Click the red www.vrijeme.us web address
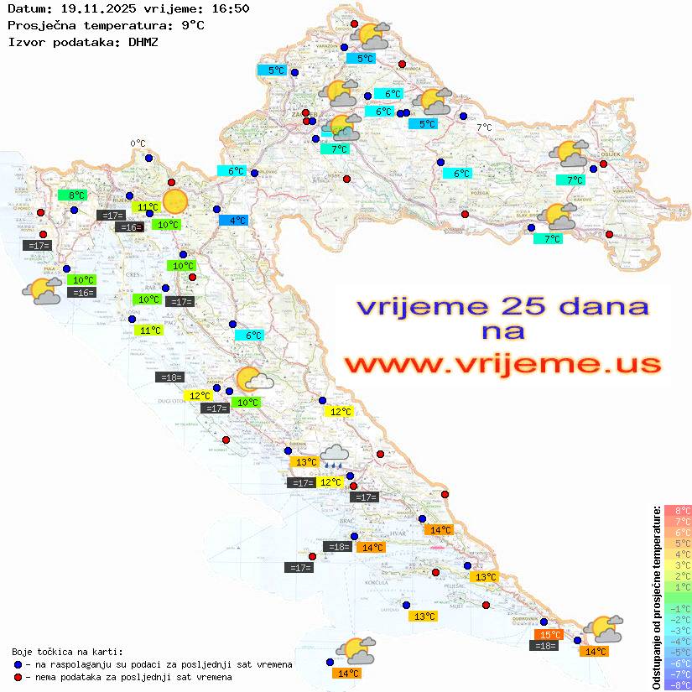(x=502, y=364)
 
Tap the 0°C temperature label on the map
(x=138, y=143)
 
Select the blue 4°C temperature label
(x=233, y=221)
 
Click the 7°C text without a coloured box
(x=484, y=127)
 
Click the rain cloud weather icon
(x=336, y=455)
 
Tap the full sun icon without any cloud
(x=175, y=201)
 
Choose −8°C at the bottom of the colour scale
(x=677, y=685)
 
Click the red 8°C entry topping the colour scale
(x=677, y=510)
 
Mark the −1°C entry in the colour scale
(x=677, y=608)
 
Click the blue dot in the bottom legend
(x=18, y=664)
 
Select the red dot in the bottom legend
(x=18, y=677)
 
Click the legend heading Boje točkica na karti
(x=67, y=652)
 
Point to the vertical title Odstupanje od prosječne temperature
(x=655, y=597)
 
